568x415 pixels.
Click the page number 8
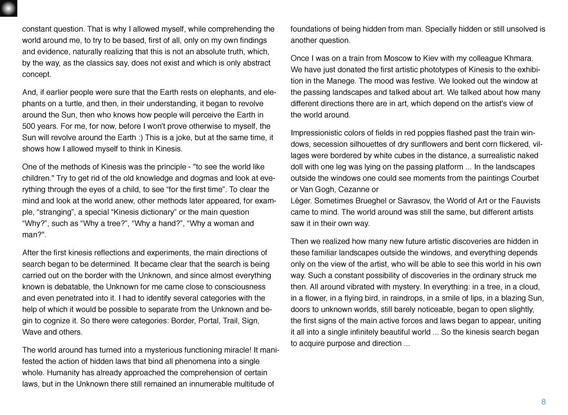point(543,402)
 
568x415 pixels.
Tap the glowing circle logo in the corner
point(9,8)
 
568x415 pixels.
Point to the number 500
point(29,126)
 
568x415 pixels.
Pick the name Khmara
point(518,58)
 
